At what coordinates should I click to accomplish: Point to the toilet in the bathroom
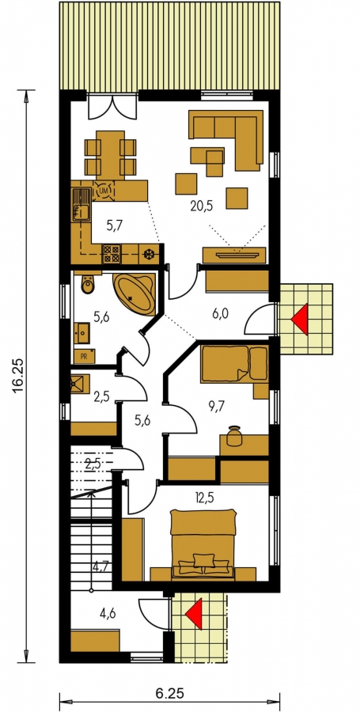point(87,282)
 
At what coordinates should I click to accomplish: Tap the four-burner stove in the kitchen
point(111,253)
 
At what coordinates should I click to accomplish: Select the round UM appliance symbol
point(103,191)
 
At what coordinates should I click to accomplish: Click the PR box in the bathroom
point(85,356)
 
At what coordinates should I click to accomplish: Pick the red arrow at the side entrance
point(300,320)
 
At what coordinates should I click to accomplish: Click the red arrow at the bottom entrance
point(194,614)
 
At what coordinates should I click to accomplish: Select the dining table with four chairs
point(110,155)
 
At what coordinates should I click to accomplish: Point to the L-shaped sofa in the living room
point(226,136)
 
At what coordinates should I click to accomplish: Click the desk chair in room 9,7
point(233,435)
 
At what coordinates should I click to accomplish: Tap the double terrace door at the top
point(112,106)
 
